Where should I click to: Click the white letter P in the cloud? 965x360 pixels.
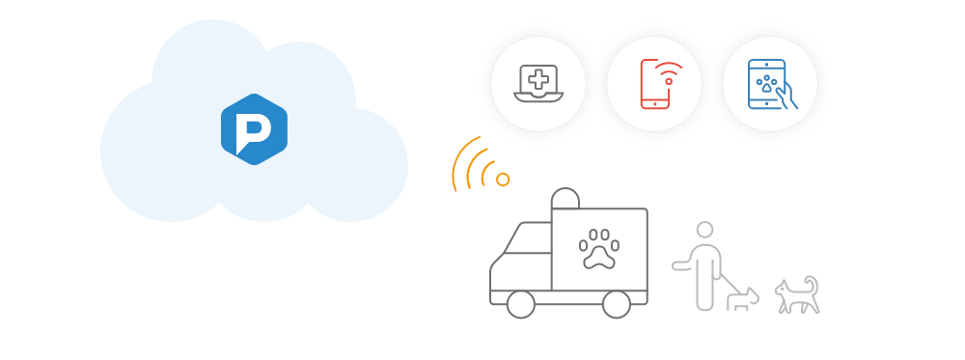pos(253,129)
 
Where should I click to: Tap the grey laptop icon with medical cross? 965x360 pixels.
pos(538,83)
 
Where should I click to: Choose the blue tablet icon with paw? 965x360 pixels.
pos(768,83)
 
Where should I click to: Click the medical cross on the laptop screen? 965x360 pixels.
pos(538,78)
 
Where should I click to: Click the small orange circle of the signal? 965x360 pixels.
pos(503,179)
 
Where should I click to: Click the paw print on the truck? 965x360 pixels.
pos(598,250)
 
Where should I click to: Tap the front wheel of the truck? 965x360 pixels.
pos(520,304)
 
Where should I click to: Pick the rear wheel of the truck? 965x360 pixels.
pos(615,304)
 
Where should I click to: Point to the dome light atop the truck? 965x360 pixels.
pos(565,198)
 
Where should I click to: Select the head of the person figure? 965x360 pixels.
pos(705,230)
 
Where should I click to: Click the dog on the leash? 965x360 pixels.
pos(742,299)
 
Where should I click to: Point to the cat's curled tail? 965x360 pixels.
pos(813,284)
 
